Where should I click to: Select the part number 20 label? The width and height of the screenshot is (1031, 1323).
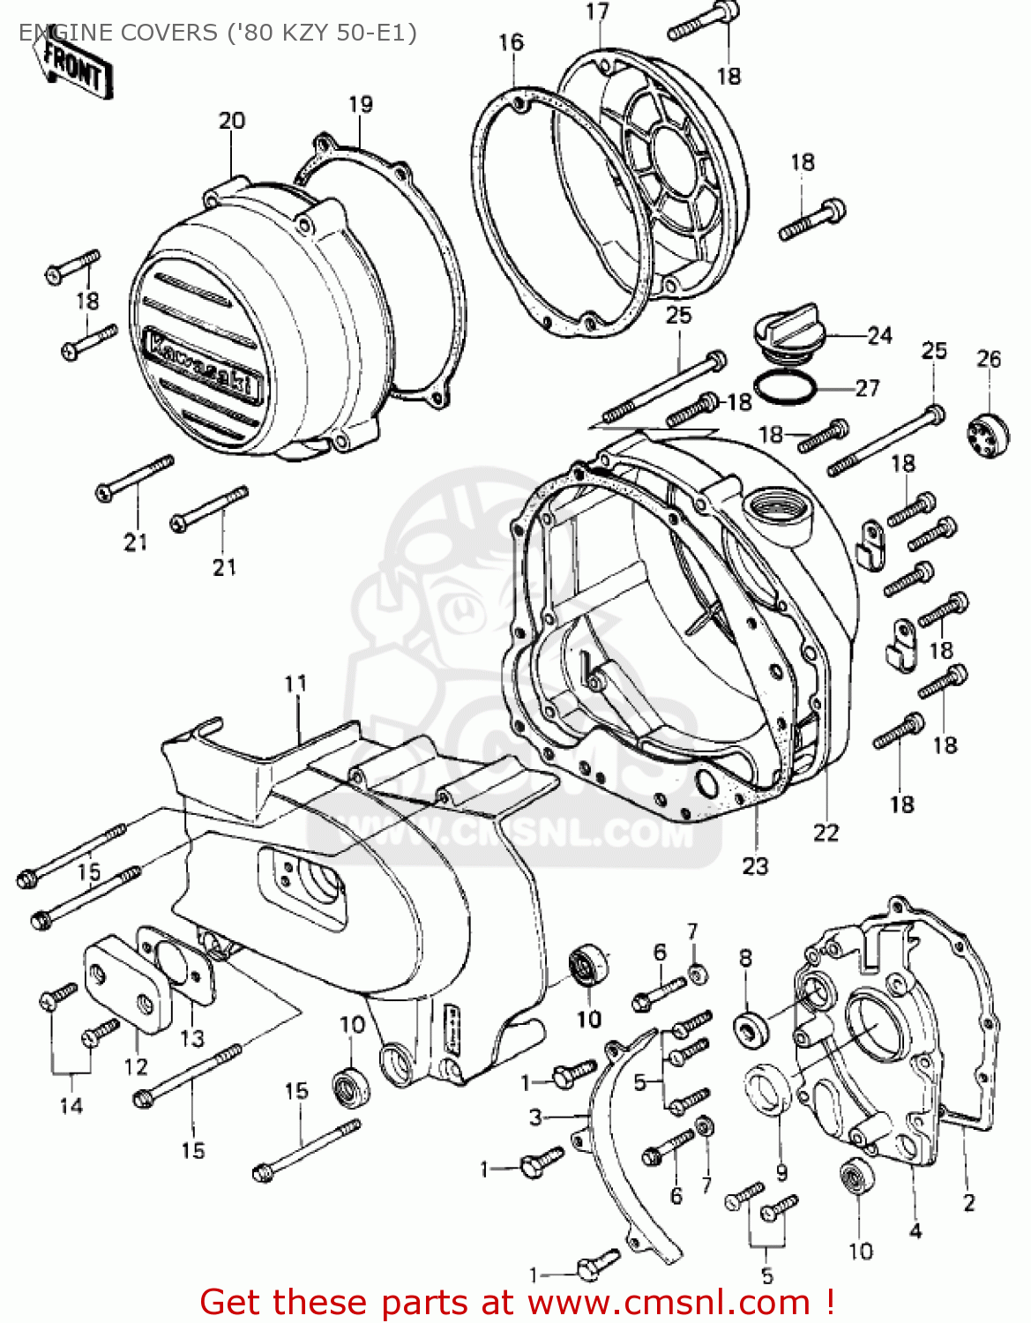point(232,121)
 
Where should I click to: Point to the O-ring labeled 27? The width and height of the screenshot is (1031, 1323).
point(787,387)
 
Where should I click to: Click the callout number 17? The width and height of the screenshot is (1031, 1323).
point(597,12)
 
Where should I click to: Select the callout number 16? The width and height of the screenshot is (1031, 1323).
point(511,42)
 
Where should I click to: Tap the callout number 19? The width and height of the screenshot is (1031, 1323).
point(360,104)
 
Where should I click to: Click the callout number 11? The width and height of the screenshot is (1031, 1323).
point(295,684)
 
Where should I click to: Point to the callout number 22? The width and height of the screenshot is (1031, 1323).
point(826,833)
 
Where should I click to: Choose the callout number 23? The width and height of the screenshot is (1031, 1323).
point(755,866)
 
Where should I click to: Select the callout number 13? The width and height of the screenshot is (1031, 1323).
point(191,1038)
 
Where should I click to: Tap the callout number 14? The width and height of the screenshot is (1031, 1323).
point(71,1105)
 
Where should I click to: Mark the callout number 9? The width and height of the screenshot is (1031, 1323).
point(781,1172)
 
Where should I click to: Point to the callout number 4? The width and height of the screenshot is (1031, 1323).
point(915,1230)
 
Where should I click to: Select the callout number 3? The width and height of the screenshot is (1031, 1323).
point(536,1117)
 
